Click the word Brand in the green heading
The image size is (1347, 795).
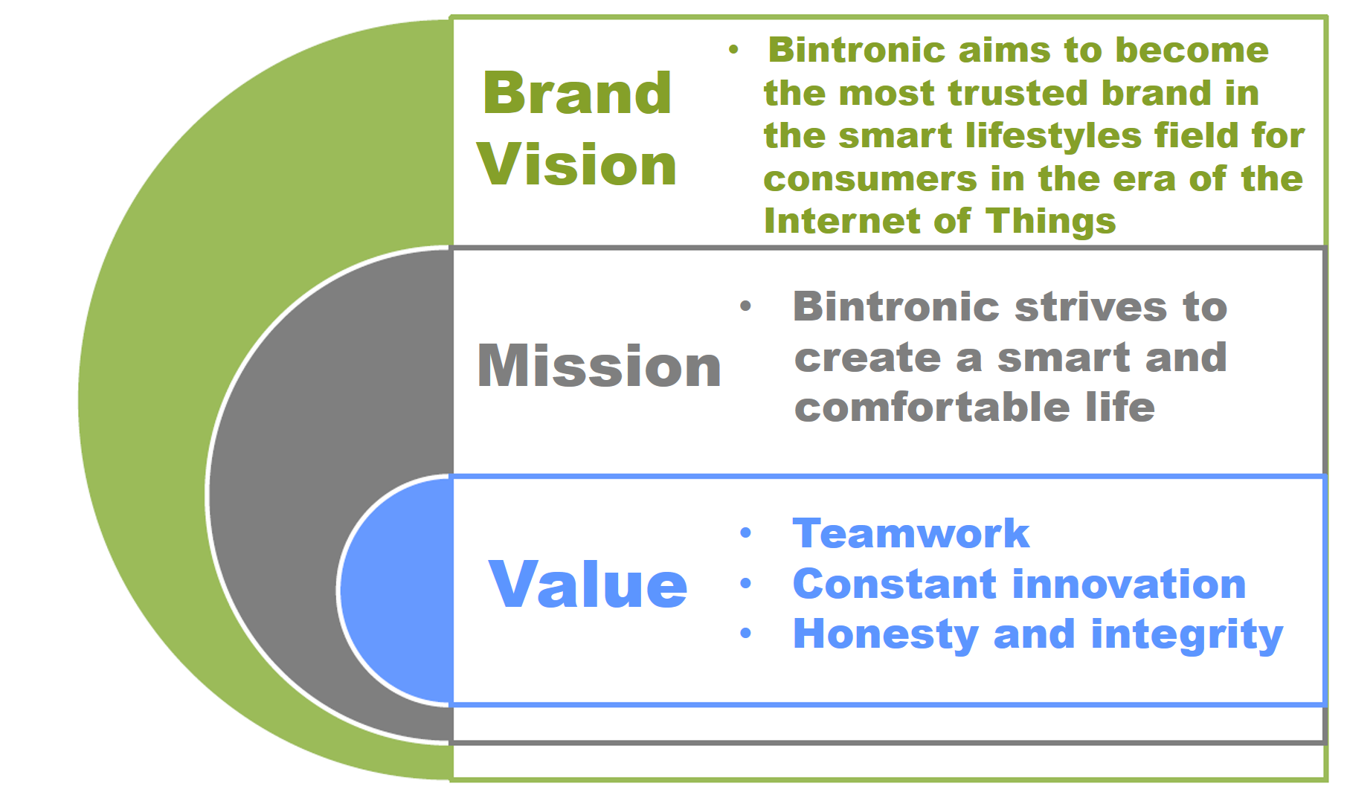577,93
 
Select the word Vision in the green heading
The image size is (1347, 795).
577,164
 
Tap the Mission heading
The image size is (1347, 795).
599,366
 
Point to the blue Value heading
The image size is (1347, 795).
588,585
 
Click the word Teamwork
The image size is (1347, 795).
911,533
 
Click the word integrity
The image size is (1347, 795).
1187,635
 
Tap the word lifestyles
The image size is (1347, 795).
1054,136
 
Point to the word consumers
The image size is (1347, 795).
870,179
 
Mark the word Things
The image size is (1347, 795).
1051,222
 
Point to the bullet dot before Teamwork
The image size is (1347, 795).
746,533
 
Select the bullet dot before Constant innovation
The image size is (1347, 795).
746,584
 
